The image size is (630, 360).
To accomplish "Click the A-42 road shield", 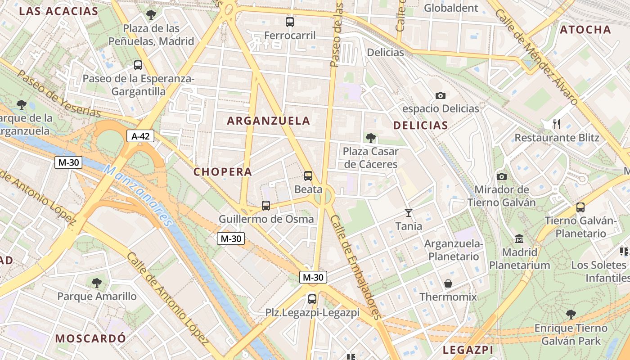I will (x=140, y=136).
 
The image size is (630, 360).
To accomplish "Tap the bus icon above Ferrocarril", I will (x=290, y=22).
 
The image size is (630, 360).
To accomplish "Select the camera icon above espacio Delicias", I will (x=441, y=95).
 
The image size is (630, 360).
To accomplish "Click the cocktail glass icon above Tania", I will (x=409, y=212).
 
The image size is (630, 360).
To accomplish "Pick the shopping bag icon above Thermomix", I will (x=448, y=283).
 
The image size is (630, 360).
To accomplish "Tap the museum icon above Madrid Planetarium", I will (x=519, y=238).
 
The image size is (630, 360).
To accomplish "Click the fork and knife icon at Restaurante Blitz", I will (x=557, y=124).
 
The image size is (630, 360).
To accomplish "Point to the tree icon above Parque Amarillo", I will (x=97, y=283).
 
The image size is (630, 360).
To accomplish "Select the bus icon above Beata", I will (x=308, y=176).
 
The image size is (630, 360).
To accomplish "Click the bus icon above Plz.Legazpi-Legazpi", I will (x=312, y=299).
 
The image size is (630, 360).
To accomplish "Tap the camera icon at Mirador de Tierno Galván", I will (x=502, y=176).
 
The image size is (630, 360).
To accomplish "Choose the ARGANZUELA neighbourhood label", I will (x=269, y=121).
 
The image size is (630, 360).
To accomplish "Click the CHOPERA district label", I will (x=223, y=172).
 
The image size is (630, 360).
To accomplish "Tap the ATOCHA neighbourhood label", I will (x=585, y=30).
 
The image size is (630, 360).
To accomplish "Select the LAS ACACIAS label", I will (x=58, y=11).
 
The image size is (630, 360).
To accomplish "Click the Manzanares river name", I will (x=138, y=195).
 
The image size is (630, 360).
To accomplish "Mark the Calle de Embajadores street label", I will (x=356, y=266).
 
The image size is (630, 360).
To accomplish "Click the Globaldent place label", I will (x=451, y=8).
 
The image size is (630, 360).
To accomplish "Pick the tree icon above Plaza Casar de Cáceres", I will (x=371, y=138).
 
